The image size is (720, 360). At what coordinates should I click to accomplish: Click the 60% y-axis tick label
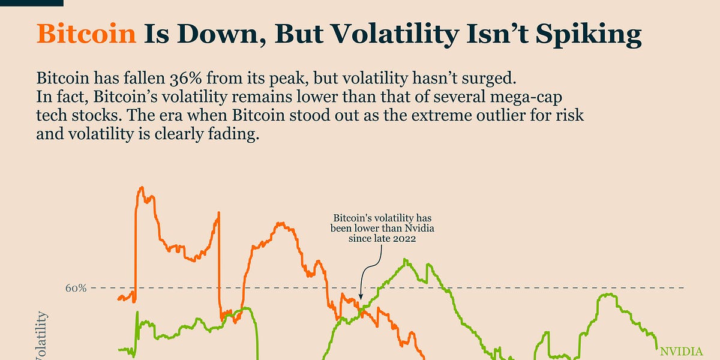[76, 288]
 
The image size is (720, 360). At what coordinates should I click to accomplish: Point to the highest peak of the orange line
[142, 188]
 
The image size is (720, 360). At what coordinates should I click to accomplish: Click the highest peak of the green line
[407, 260]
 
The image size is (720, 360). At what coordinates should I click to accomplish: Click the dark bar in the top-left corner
[31, 2]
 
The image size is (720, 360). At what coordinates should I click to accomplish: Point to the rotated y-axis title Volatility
[42, 339]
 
